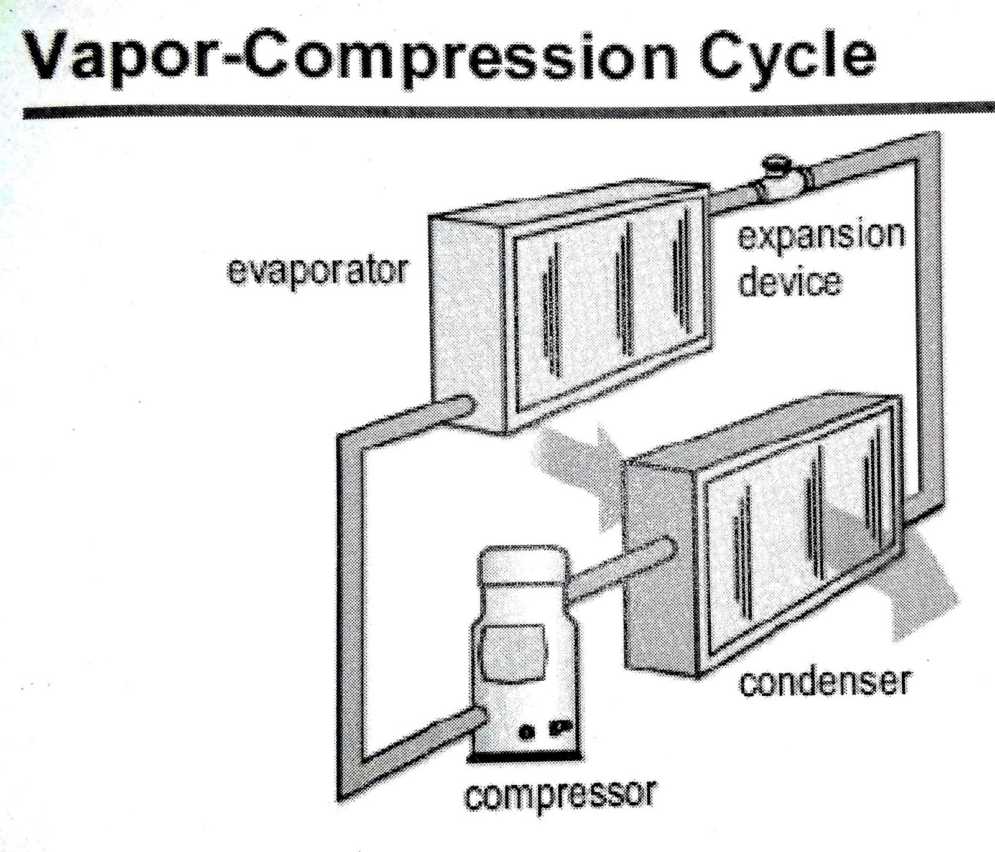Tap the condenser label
coord(824,683)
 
